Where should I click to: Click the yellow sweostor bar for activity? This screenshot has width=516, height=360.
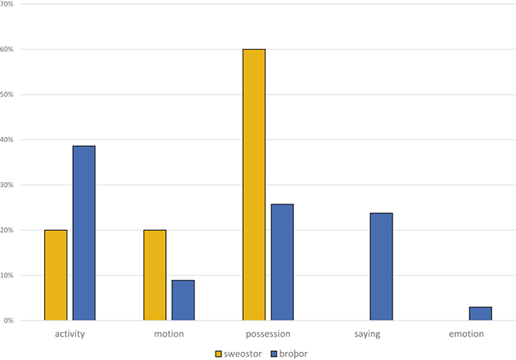pos(55,275)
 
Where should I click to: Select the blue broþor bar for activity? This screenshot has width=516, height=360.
pos(83,233)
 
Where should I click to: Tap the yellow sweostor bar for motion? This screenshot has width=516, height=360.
pos(155,275)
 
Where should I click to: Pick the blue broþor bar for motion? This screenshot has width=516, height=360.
pos(183,300)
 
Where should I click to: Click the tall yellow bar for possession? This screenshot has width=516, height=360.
pos(254,185)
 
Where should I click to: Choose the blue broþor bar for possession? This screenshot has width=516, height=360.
pos(282,262)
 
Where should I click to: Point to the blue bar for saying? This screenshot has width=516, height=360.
pos(381,267)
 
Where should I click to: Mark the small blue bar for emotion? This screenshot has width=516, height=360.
pos(481,313)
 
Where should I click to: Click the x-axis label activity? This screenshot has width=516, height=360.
pos(70,333)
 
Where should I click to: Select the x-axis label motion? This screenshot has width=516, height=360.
pos(169,333)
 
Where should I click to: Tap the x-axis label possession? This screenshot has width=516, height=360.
pos(268,333)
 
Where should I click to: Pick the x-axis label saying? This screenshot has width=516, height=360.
pos(367,333)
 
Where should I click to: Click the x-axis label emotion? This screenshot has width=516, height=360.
pos(466,333)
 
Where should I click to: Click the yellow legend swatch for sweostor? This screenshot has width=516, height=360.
pos(218,352)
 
